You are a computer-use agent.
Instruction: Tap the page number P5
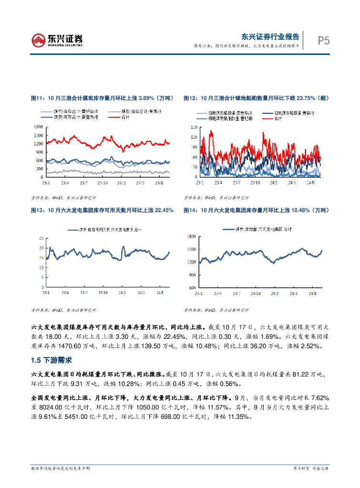click(x=324, y=41)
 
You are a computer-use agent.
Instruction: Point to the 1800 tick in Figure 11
click(x=39, y=127)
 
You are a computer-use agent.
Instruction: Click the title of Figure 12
click(x=257, y=98)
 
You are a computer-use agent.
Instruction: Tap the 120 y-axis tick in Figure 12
click(x=193, y=137)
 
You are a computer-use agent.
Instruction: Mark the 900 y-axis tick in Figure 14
click(x=192, y=275)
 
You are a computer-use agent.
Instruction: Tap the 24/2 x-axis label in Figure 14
click(x=273, y=293)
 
